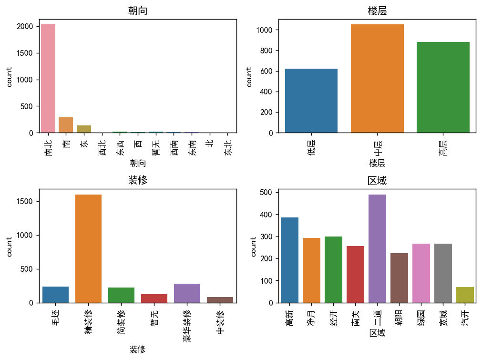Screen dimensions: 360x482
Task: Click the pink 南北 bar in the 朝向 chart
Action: (x=48, y=78)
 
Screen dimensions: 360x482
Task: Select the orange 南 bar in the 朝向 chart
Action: (x=66, y=125)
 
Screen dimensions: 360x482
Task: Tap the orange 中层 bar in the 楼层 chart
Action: (x=377, y=78)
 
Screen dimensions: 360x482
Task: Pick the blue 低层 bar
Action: (x=311, y=101)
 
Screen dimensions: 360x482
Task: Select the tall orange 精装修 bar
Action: (x=88, y=248)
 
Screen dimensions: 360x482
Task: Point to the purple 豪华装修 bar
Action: (x=187, y=293)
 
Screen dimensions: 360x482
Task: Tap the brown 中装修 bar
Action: (x=220, y=300)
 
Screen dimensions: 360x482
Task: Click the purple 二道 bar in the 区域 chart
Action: (x=377, y=248)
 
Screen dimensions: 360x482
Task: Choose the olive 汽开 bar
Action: (x=465, y=295)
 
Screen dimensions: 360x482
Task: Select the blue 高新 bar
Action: (x=289, y=260)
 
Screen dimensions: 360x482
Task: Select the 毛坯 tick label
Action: (x=55, y=317)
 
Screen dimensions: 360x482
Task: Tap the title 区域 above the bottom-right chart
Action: (x=377, y=181)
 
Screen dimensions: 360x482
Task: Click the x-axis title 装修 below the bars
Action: (x=137, y=350)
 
